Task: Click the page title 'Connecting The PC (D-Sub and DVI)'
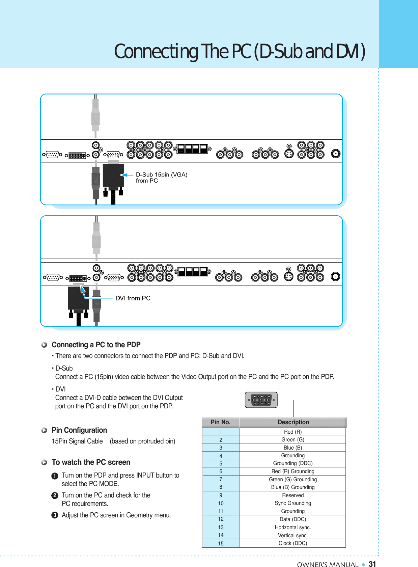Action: point(240,51)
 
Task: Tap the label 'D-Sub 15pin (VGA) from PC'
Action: point(161,178)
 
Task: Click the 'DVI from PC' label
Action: point(133,298)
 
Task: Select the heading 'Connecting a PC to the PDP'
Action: point(96,345)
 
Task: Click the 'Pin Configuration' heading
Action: point(79,430)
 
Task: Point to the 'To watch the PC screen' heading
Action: point(91,462)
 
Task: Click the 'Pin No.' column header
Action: point(221,422)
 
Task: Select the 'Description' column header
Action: point(293,422)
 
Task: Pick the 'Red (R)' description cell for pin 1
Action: point(293,432)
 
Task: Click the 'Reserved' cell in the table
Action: point(293,495)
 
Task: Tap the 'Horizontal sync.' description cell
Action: point(293,528)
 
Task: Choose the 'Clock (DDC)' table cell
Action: point(293,543)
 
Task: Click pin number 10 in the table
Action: point(221,503)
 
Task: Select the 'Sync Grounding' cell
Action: point(293,503)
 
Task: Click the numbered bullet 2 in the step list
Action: point(55,495)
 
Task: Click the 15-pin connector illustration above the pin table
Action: point(261,400)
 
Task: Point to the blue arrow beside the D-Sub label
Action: point(127,175)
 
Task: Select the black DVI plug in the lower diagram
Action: point(78,298)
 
